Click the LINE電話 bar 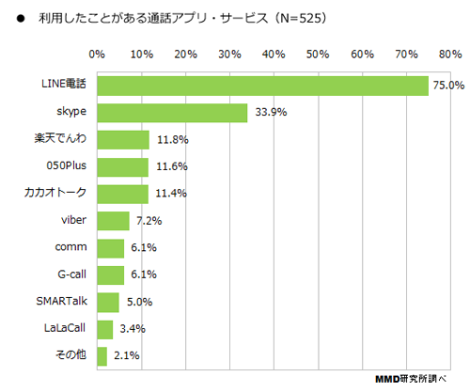coord(262,86)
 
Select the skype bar coord(172,113)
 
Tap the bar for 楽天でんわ coord(123,140)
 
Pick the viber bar coord(113,221)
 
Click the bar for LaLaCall coord(104,330)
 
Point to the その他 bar coord(102,356)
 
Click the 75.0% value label coord(448,86)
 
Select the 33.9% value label coord(271,112)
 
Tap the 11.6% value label coord(172,166)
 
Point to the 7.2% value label coord(149,221)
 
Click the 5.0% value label coord(140,302)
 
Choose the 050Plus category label coord(67,165)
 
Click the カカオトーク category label coord(55,193)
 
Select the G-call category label coord(72,274)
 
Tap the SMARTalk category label coord(62,301)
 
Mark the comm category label coord(70,247)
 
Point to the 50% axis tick coord(318,55)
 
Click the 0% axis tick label coord(97,55)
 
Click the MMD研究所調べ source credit coord(411,379)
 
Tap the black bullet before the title coord(21,19)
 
